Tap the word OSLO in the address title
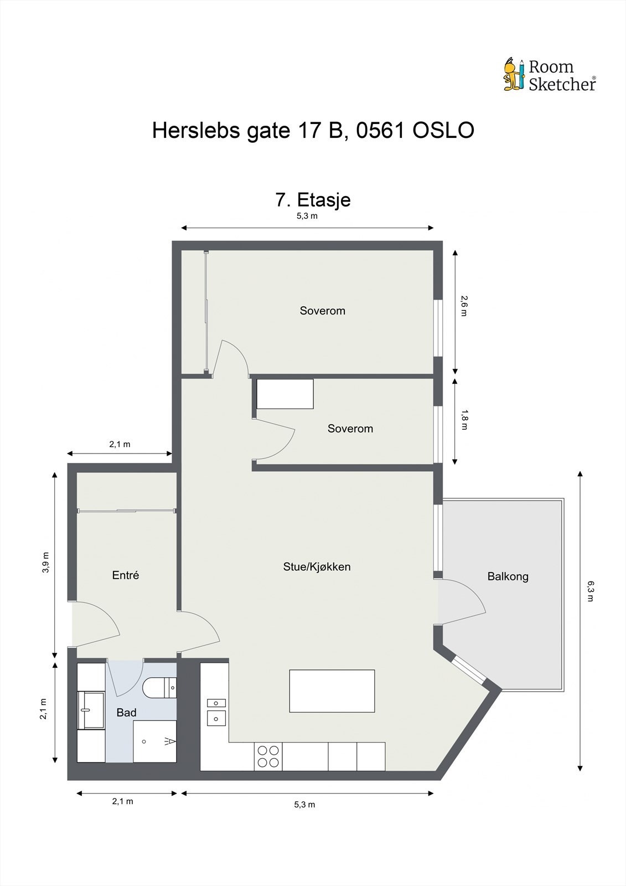[443, 130]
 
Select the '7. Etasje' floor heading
[313, 200]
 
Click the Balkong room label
[508, 576]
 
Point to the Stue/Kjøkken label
[317, 567]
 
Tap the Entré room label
[125, 575]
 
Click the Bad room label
[127, 712]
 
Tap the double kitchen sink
[216, 712]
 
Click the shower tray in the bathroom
[154, 741]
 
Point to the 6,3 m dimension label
[590, 591]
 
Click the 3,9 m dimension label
[46, 562]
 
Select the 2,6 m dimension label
[463, 306]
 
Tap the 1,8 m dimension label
[463, 420]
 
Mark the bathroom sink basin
[91, 710]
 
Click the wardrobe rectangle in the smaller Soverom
[285, 394]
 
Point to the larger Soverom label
[322, 311]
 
